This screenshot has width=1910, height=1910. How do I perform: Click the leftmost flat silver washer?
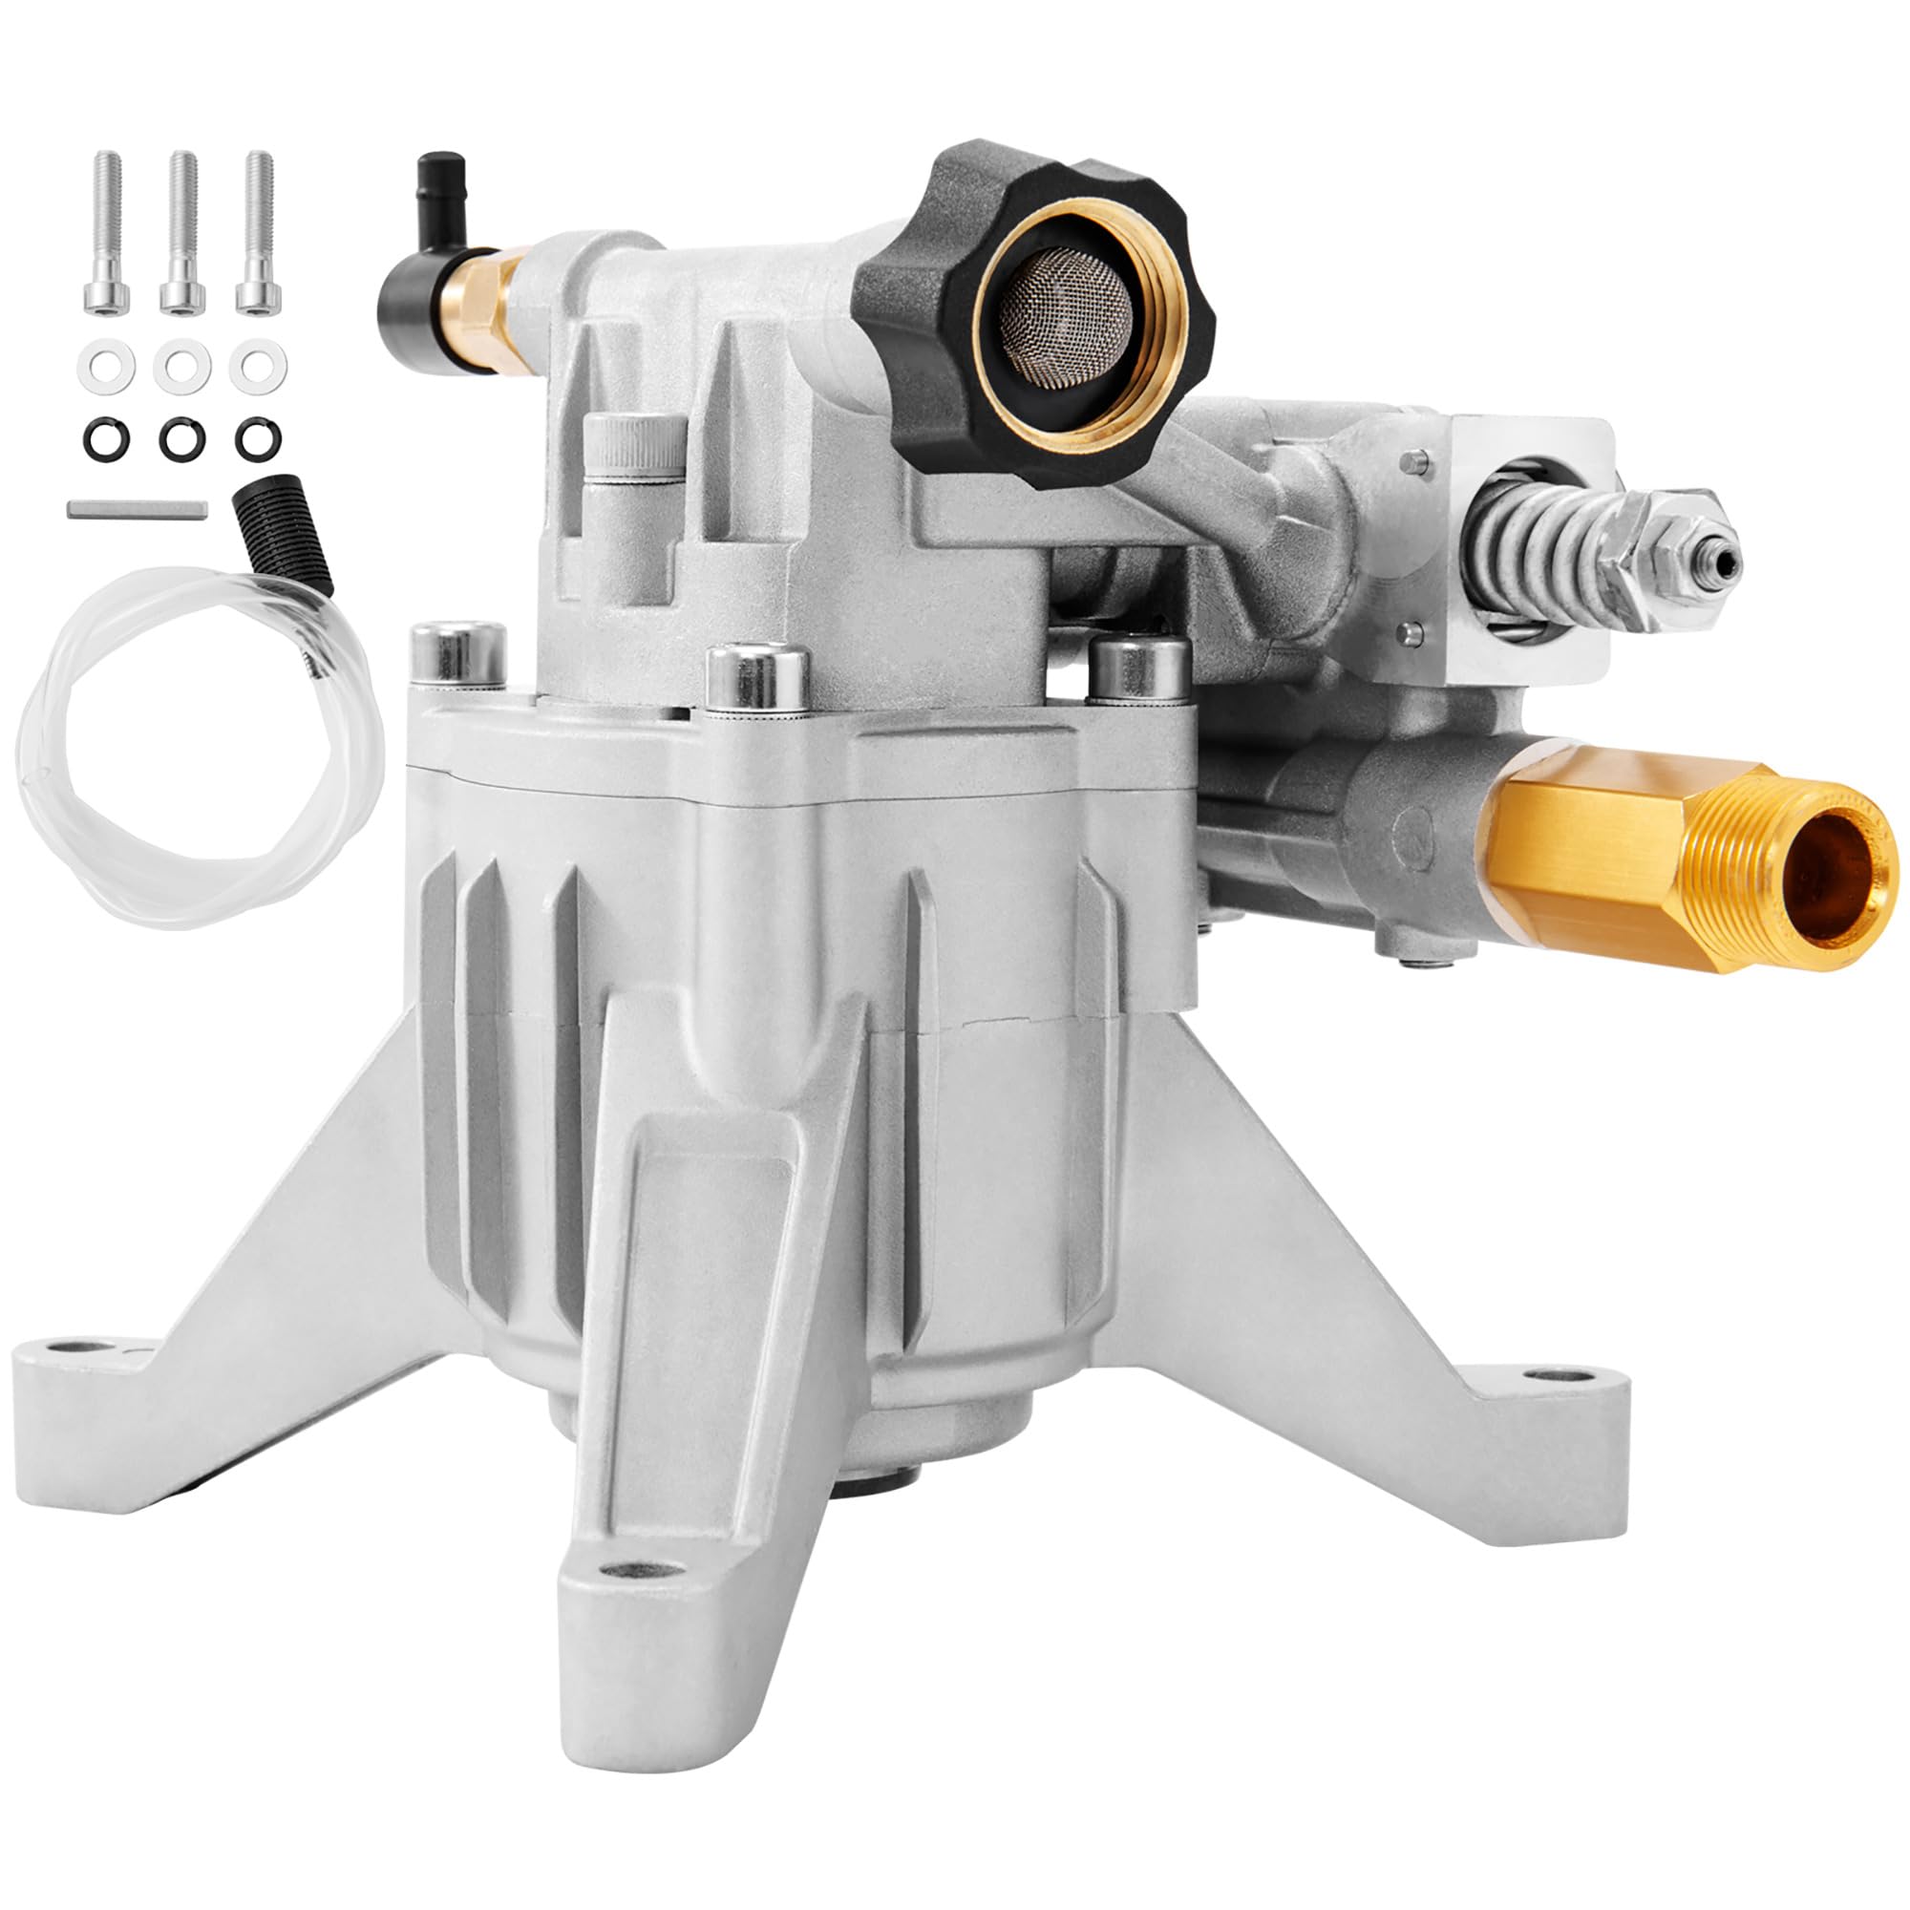click(106, 366)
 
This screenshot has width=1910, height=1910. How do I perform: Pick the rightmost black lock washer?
click(258, 438)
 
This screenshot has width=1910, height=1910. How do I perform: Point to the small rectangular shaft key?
click(138, 509)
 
